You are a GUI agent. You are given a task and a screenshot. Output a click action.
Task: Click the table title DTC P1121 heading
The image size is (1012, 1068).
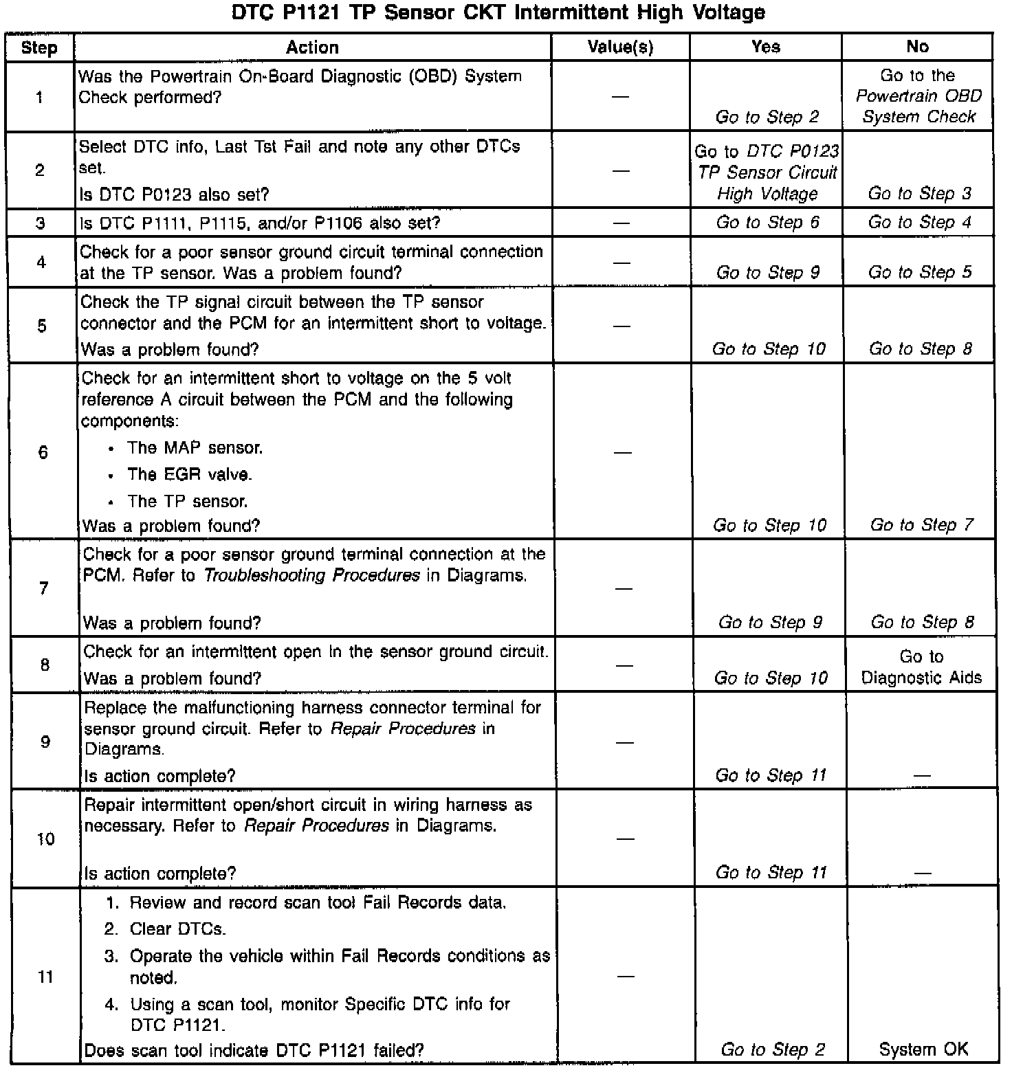point(498,12)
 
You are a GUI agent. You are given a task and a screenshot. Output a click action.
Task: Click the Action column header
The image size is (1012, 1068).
point(312,47)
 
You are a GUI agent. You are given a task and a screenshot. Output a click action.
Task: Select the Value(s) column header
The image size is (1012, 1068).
point(620,47)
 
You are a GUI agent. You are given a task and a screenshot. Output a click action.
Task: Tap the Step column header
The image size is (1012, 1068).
point(39,47)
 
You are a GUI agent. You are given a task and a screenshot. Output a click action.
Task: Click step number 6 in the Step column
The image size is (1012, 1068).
point(43,452)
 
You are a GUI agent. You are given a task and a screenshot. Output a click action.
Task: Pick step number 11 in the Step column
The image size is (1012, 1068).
point(45,977)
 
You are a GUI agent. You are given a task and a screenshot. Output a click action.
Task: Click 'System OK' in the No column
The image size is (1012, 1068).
point(923,1049)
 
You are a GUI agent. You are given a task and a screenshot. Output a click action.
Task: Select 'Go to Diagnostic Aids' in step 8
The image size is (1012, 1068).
point(921,667)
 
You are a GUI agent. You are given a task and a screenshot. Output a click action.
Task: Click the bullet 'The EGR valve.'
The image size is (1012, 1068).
point(189,474)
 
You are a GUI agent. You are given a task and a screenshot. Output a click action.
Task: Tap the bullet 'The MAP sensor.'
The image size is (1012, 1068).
point(195,448)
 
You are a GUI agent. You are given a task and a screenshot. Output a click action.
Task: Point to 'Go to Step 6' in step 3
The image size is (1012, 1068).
point(767,223)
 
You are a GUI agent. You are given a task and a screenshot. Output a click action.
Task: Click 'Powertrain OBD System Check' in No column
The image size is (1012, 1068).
point(918,106)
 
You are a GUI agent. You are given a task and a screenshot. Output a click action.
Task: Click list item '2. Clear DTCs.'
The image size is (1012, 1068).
point(177,929)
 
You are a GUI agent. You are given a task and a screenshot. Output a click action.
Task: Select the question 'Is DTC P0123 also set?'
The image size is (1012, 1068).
point(175,195)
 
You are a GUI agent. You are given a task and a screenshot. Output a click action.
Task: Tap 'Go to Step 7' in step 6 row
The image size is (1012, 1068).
point(921,526)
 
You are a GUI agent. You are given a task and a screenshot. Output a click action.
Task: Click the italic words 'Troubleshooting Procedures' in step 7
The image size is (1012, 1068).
point(311,575)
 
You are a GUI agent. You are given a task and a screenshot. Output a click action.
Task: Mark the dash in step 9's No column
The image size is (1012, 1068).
point(922,777)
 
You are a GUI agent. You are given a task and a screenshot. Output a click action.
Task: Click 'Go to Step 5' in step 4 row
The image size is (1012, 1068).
point(920,273)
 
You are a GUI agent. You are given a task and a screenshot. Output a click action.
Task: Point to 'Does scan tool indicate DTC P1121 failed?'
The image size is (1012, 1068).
point(254,1050)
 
